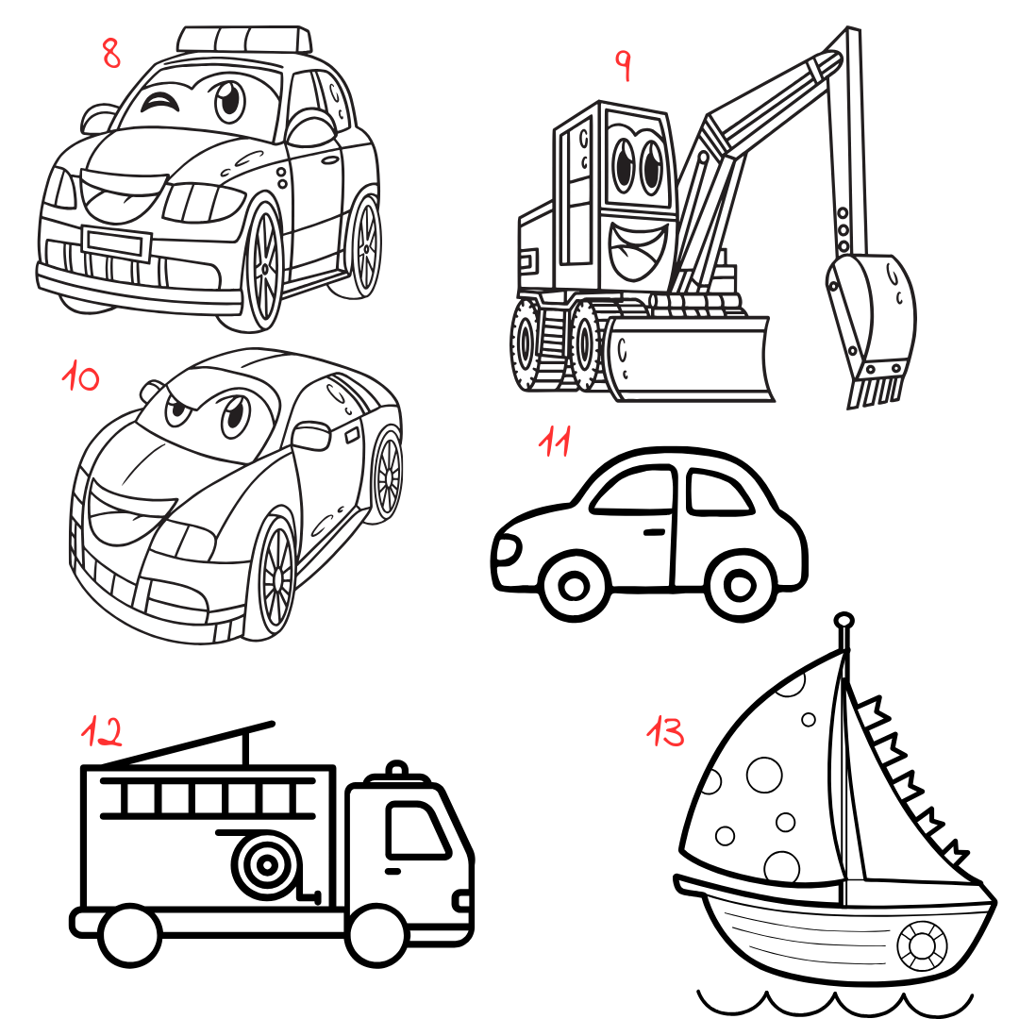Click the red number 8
pos(111,53)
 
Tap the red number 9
pos(623,65)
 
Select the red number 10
pos(81,377)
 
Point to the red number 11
pos(555,442)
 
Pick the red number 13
pos(666,730)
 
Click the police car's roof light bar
pos(244,39)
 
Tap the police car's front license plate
pos(116,242)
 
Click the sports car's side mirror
pos(311,435)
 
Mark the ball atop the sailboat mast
pos(844,621)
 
